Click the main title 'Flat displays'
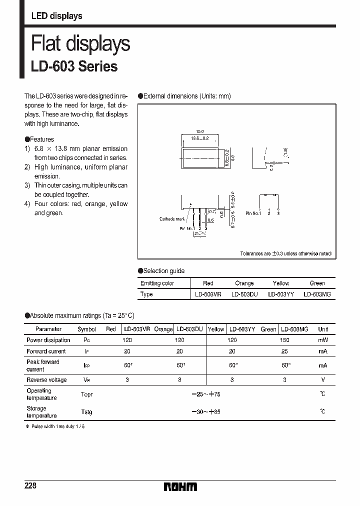[80, 44]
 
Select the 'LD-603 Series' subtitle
[74, 66]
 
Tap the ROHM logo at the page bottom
[180, 486]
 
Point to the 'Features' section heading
[41, 139]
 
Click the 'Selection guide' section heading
[163, 271]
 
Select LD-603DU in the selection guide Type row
[244, 294]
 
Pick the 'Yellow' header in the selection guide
[280, 283]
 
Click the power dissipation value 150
[285, 340]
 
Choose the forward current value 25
[285, 351]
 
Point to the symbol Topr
[86, 394]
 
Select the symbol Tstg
[86, 412]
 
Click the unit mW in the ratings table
[323, 340]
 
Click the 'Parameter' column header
[48, 329]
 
